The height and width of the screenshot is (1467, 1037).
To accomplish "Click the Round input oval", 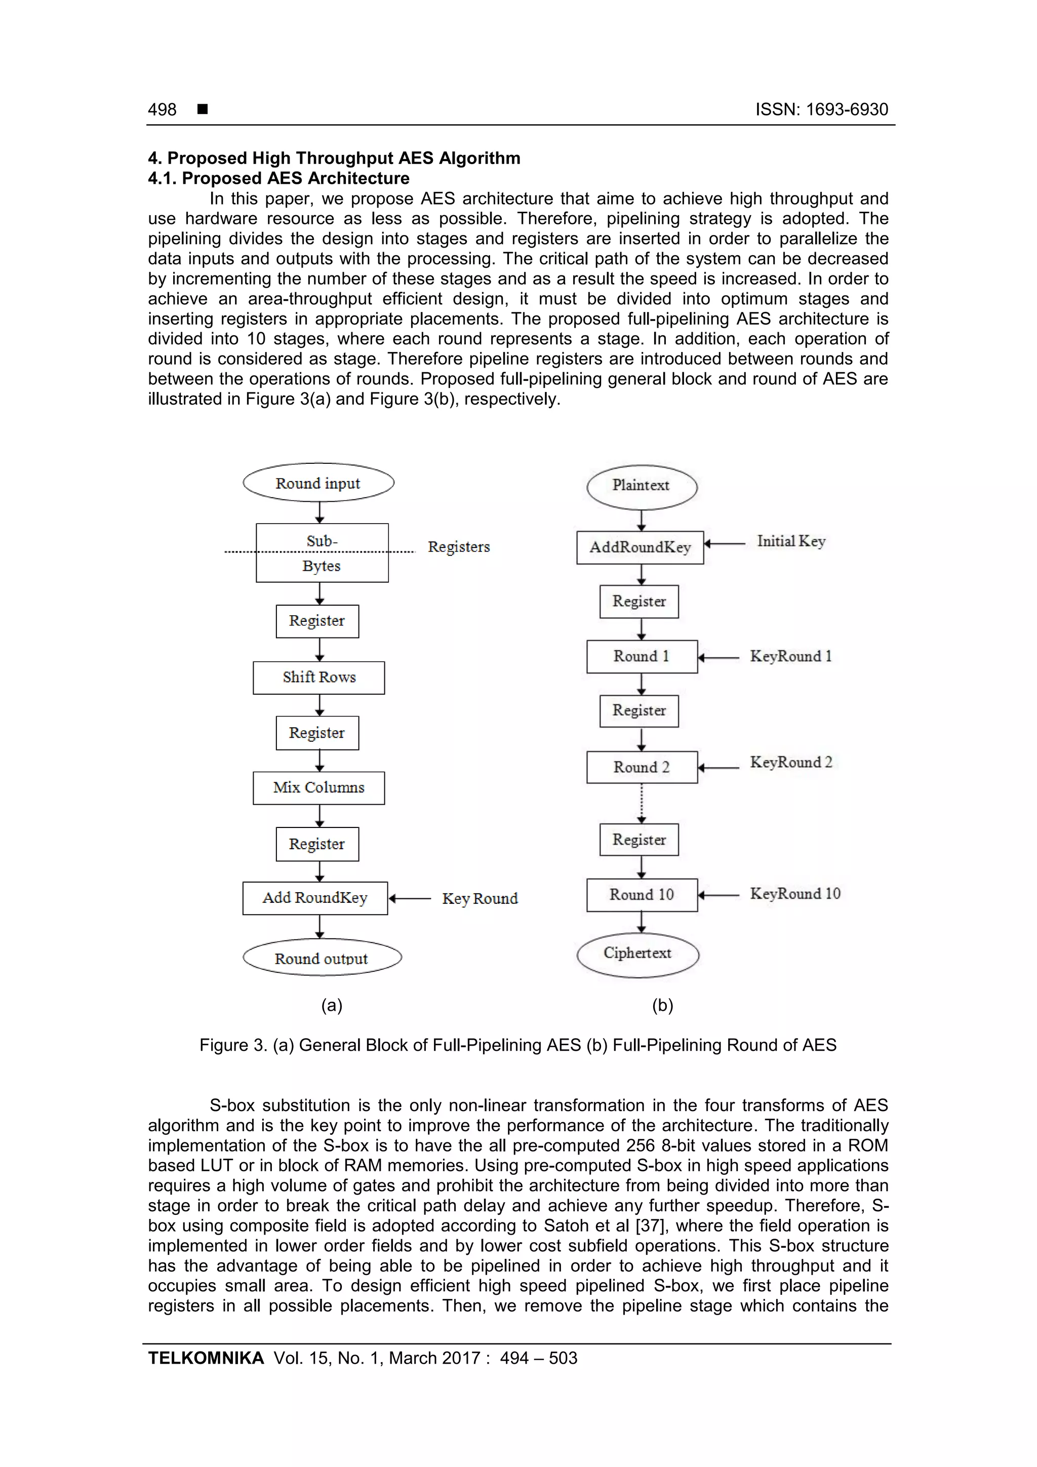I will [x=318, y=483].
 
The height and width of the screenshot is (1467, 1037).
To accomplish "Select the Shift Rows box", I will [x=319, y=677].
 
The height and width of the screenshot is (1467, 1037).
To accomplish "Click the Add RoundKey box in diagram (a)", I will [x=315, y=898].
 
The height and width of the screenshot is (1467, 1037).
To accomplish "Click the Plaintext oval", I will [x=642, y=486].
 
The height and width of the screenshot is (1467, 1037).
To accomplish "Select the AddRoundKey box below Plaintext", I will [x=640, y=547].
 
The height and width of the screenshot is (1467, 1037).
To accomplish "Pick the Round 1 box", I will [x=642, y=656].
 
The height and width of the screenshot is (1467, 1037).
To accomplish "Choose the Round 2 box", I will [x=642, y=767].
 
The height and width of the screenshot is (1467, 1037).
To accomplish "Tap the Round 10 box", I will [x=642, y=894].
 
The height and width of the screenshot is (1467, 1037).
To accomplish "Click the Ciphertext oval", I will [x=637, y=954].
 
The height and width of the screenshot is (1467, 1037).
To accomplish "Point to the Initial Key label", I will [x=791, y=542].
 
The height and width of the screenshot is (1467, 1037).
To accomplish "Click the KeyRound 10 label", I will [x=795, y=894].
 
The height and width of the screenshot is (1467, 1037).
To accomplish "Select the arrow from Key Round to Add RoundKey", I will [x=410, y=898].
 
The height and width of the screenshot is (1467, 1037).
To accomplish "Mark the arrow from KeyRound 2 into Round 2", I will [x=719, y=767].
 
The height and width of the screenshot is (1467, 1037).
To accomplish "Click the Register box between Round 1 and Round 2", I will [x=639, y=710].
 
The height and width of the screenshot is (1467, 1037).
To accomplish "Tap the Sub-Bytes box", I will [x=322, y=552].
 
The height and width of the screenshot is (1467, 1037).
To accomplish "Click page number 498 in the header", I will [x=163, y=110].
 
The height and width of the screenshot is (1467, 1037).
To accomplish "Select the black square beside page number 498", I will [x=203, y=109].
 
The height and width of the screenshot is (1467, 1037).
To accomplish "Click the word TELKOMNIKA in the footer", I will [x=206, y=1358].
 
